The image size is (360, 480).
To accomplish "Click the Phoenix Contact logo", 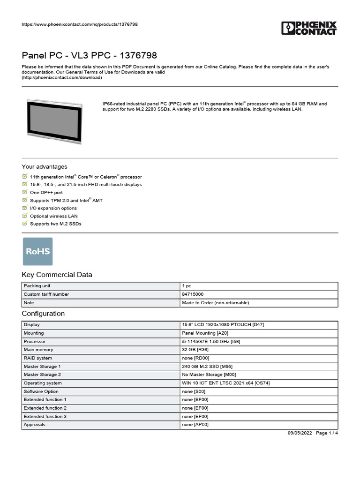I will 309,28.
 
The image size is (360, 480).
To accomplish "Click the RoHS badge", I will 38,251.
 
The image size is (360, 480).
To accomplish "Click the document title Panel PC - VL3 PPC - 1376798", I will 89,55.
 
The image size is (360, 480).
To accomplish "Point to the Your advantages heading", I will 45,167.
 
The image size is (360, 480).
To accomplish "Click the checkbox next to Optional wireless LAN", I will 25,216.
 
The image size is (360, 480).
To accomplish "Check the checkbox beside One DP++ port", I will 25,192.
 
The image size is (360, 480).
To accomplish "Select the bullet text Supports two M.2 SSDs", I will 55,224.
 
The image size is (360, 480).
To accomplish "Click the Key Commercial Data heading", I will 57,275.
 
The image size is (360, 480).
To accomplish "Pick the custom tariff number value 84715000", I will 193,294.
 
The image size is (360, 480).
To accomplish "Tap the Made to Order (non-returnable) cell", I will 215,303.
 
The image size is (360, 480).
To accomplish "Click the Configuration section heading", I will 43,314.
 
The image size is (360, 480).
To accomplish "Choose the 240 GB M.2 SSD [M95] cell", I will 207,367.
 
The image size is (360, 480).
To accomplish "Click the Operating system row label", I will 43,383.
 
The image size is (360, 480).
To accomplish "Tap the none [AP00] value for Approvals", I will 195,425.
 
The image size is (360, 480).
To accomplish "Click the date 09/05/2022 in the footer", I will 299,433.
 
